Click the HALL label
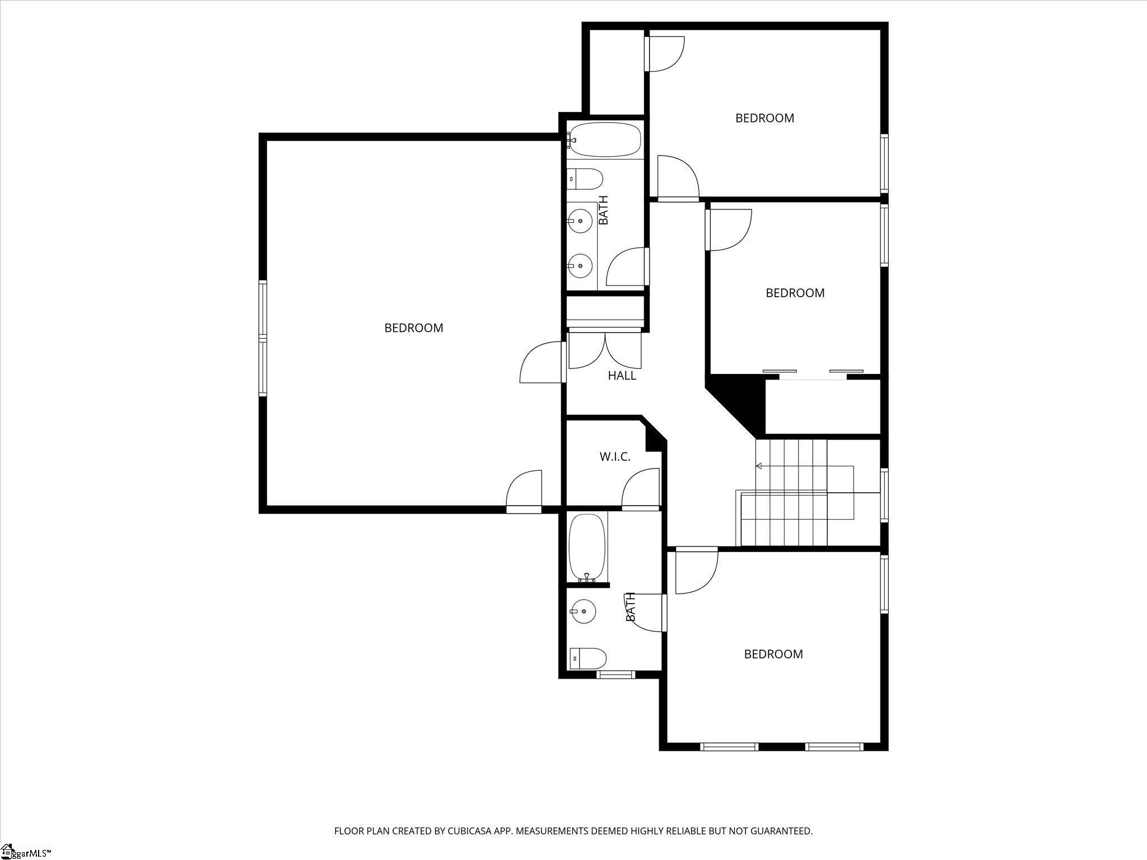[x=622, y=376]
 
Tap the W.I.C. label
[x=615, y=457]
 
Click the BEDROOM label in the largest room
[x=413, y=328]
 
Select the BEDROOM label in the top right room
[x=764, y=118]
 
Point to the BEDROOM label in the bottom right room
[x=773, y=654]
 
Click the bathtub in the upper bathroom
[x=605, y=139]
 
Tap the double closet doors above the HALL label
[x=605, y=350]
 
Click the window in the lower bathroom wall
[x=615, y=675]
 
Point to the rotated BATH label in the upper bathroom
[x=603, y=210]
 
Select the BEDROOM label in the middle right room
[x=795, y=293]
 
